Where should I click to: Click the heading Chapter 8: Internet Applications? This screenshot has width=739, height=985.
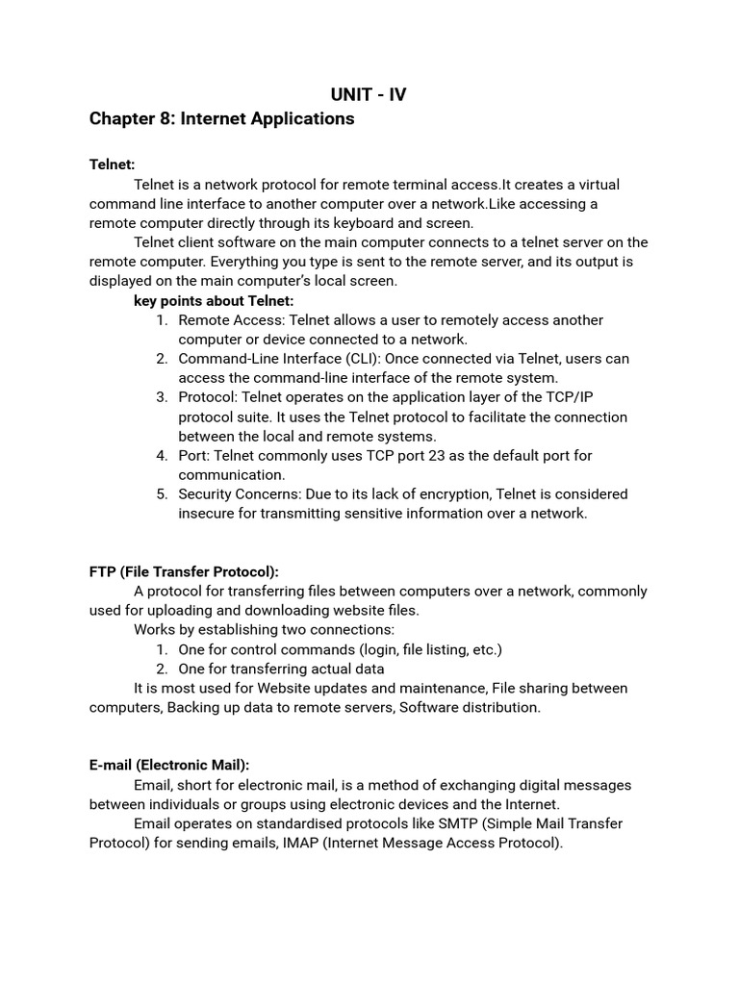[x=221, y=119]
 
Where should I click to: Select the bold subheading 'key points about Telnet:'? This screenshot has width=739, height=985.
[x=214, y=301]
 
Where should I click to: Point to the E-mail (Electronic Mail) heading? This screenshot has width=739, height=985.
[x=169, y=765]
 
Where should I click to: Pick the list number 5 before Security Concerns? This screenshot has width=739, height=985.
[x=161, y=494]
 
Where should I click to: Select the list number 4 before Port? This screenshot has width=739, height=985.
[x=161, y=455]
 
